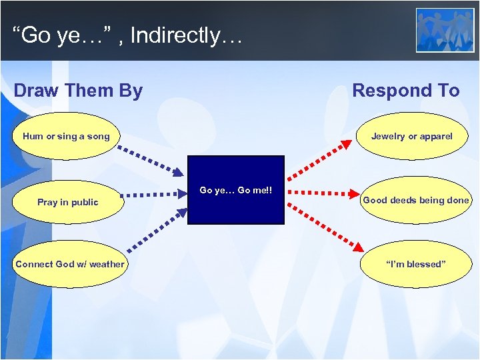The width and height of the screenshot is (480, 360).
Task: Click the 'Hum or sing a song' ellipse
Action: [66, 137]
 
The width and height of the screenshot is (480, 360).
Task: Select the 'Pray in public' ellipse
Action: [68, 202]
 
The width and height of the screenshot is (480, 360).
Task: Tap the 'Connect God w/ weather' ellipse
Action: [70, 264]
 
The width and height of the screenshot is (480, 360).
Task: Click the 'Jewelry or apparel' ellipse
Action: [411, 137]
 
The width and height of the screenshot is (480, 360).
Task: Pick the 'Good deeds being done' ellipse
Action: [415, 200]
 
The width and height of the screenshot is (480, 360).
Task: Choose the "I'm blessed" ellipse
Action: [415, 264]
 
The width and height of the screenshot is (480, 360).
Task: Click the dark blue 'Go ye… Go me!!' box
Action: [236, 190]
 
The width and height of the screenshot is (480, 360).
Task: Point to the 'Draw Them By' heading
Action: [78, 91]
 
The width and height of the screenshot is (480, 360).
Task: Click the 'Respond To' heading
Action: [405, 91]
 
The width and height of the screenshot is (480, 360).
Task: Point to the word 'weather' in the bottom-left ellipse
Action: [107, 264]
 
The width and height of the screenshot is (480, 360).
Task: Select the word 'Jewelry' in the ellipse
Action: [388, 137]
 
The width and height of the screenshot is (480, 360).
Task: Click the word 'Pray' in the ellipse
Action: [47, 202]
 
